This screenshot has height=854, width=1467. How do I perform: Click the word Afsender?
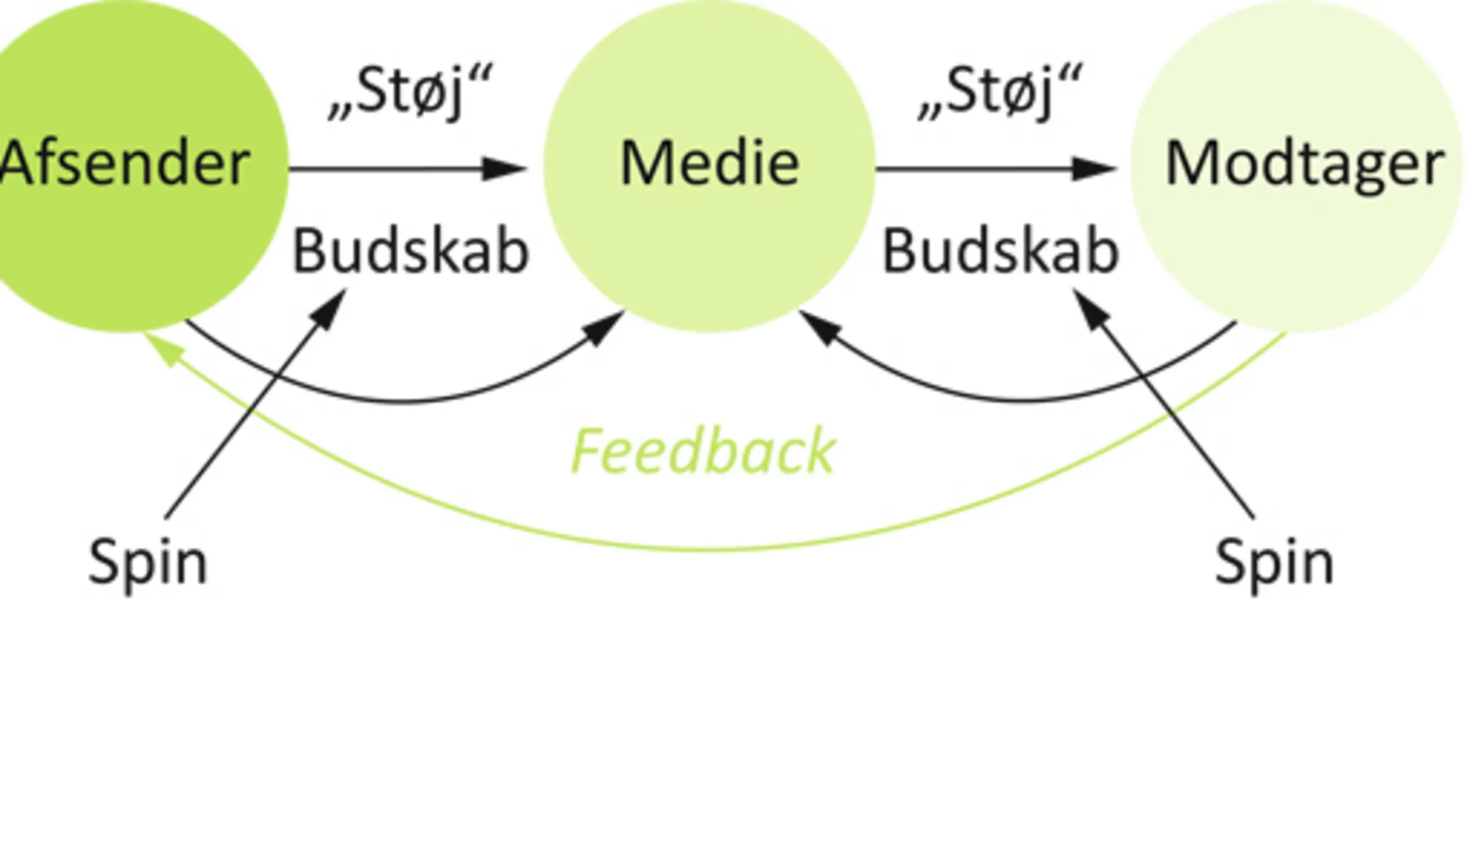pos(125,163)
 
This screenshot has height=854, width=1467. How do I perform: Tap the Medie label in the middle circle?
pos(709,163)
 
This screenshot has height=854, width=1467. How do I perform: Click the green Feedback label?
pos(703,452)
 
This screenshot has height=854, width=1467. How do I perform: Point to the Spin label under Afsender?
pos(147,562)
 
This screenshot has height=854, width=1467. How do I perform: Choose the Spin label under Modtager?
pos(1274,562)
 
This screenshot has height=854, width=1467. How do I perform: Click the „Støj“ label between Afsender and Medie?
pos(411,92)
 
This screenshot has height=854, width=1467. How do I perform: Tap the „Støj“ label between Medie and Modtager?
pos(1000,92)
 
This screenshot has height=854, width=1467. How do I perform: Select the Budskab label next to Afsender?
pos(411,251)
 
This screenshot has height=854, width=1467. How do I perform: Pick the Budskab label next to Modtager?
pos(1000,251)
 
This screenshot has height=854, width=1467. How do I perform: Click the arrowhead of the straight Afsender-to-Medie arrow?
pos(506,169)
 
